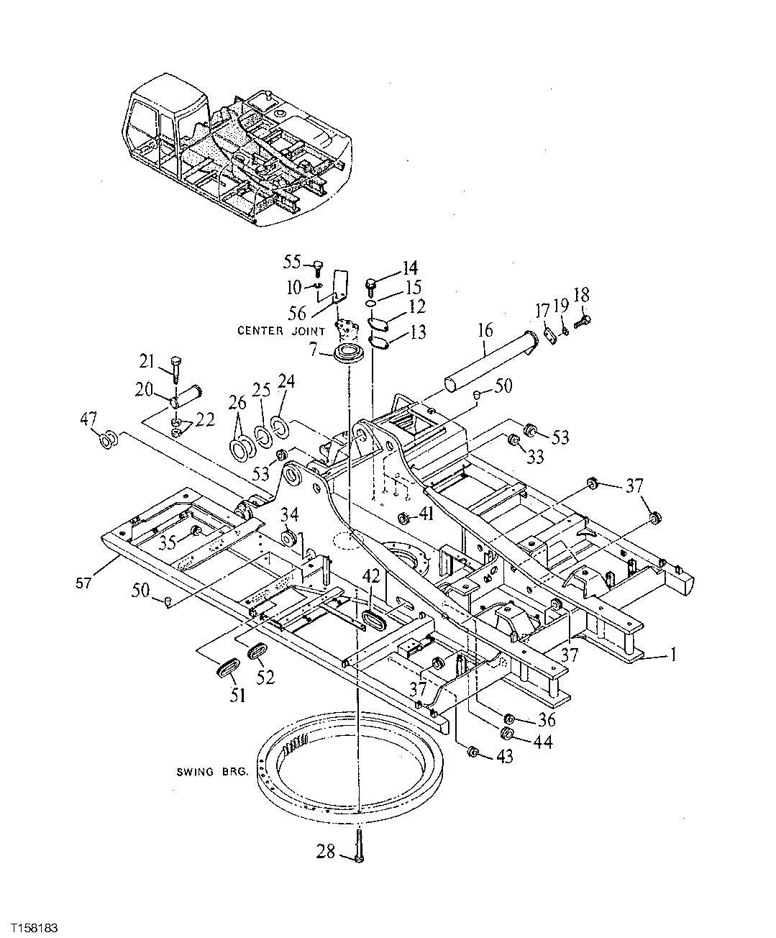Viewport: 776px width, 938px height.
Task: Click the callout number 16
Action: [x=485, y=330]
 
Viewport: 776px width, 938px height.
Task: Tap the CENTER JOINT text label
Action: [x=280, y=331]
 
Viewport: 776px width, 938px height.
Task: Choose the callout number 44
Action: [x=542, y=742]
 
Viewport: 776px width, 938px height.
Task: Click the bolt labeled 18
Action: [x=583, y=317]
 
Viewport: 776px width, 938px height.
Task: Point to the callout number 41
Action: [x=427, y=514]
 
